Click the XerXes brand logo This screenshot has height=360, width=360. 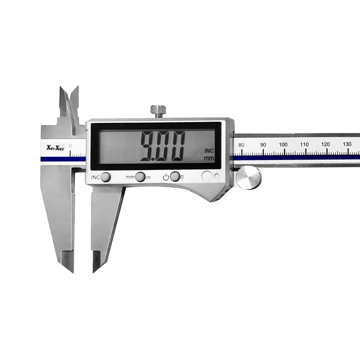(x=55, y=148)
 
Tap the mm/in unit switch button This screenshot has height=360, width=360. (x=140, y=177)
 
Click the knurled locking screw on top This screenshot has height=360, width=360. (x=158, y=111)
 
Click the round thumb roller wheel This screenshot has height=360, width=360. (x=249, y=178)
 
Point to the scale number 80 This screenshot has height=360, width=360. (x=241, y=145)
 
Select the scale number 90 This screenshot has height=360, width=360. (x=263, y=145)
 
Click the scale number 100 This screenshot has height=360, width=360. (x=283, y=144)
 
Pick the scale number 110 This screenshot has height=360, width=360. (x=304, y=144)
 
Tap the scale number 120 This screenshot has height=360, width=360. (x=325, y=144)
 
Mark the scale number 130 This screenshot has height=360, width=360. (x=347, y=144)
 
